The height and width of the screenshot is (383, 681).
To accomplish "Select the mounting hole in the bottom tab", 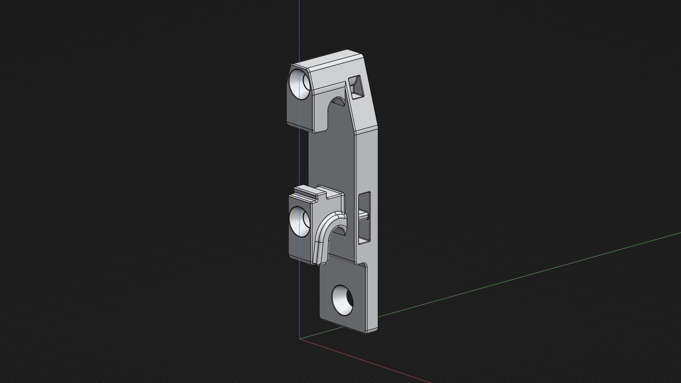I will [342, 300].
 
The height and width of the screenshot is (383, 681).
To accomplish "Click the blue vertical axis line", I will [299, 32].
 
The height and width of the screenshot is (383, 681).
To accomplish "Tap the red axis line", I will [370, 362].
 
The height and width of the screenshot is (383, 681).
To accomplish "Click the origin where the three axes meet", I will [299, 339].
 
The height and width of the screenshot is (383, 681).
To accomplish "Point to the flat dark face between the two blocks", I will [330, 159].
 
